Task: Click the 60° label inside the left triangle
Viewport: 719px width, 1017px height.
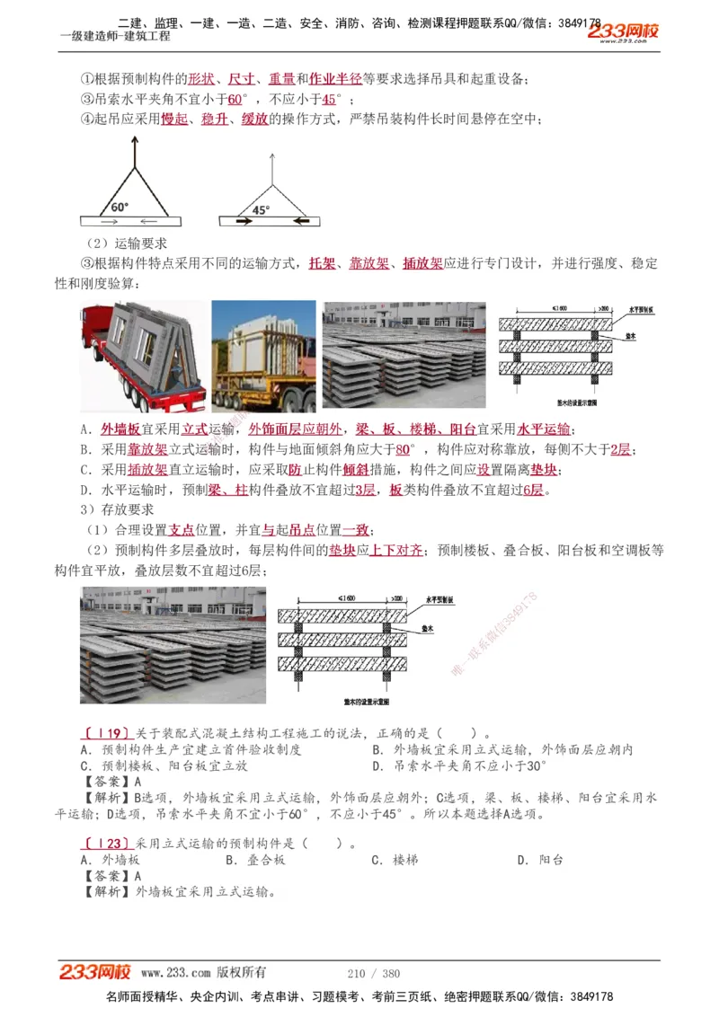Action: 119,206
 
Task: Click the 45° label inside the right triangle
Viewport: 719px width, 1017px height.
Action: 261,209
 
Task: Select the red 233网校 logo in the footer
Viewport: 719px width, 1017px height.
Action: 95,972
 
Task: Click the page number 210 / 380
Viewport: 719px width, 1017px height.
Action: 373,973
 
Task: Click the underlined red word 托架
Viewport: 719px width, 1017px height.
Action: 323,263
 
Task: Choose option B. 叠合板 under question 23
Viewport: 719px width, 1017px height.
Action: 255,860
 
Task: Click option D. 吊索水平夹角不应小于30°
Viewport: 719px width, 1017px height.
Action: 458,766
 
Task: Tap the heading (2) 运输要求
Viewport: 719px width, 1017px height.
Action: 127,243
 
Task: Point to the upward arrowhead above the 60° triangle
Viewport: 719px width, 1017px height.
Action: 134,141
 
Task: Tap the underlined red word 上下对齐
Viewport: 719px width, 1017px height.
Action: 396,550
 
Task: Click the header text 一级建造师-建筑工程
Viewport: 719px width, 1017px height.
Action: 114,36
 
